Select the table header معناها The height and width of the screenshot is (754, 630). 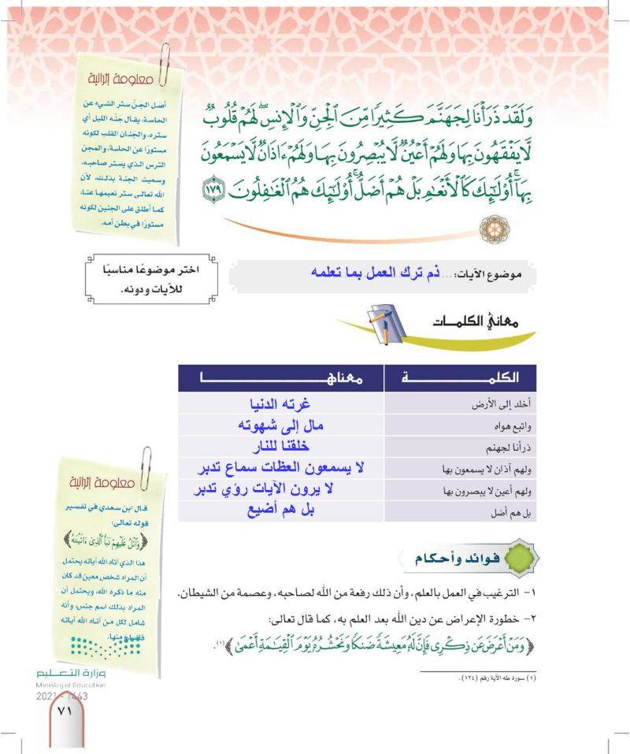(281, 378)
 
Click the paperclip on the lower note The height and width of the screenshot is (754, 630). (146, 466)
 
